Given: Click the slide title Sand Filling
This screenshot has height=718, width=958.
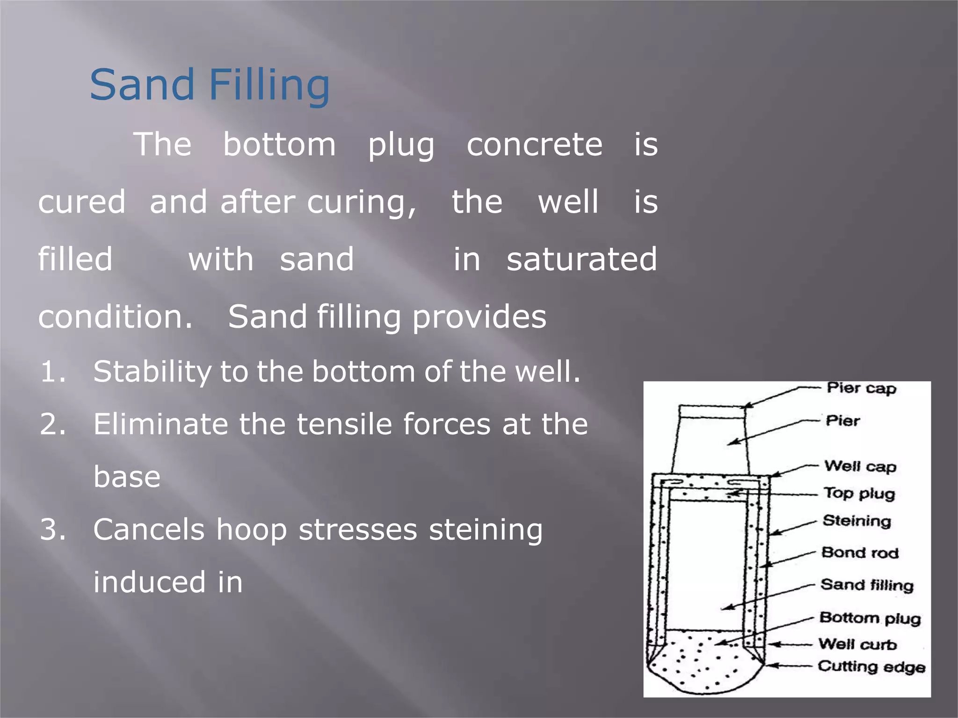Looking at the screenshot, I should (210, 86).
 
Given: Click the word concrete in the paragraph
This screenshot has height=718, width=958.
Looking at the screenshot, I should (534, 144).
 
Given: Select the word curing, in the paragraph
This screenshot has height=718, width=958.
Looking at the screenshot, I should (361, 202).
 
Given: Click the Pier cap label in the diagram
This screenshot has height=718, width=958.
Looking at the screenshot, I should (861, 388).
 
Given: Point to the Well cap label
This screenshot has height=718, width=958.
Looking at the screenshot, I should (860, 467).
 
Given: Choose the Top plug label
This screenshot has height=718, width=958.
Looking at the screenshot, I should (859, 494).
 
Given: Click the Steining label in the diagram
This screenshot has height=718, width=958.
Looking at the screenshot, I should (857, 521).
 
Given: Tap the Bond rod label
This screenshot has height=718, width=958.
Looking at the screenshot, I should (860, 553).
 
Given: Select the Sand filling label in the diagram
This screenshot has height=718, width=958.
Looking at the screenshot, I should (867, 585).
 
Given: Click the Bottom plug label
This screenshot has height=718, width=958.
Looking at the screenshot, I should (870, 618).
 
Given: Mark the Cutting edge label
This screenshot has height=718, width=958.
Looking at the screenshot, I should (871, 667).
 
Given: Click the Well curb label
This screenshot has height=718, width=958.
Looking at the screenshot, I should (857, 644).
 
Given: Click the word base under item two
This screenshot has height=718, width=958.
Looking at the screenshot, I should (127, 477).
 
